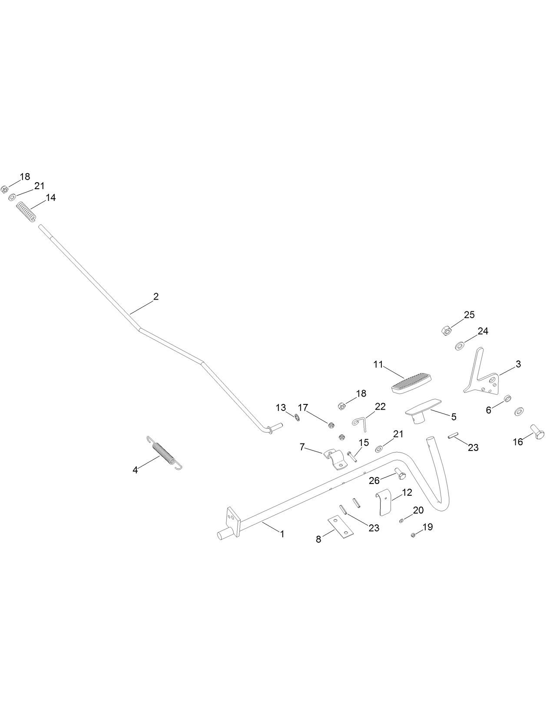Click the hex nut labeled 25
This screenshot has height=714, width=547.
[x=447, y=331]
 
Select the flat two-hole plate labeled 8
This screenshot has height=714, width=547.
[x=340, y=527]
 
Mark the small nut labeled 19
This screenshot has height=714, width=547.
[x=413, y=535]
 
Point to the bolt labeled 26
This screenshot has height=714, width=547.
[x=400, y=474]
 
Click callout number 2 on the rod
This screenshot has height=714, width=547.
[x=156, y=297]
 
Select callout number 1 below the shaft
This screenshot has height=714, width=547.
[x=282, y=534]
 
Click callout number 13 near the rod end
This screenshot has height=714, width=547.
[x=281, y=407]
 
